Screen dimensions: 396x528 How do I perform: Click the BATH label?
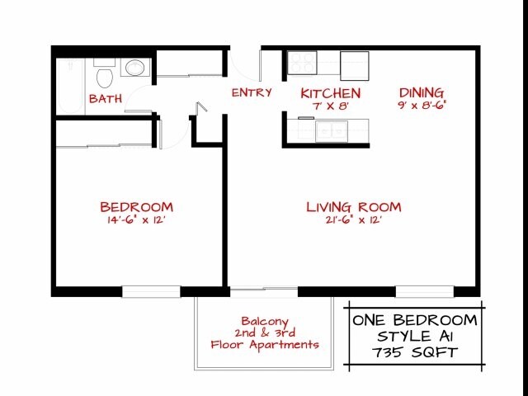coord(106,98)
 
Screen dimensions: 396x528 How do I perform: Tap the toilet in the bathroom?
coord(104,77)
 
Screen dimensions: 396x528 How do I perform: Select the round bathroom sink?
coord(133,67)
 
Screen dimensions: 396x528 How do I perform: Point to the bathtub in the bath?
coord(69,83)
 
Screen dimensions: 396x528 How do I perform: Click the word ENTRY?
coord(251,92)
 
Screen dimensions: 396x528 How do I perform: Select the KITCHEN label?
coord(330,93)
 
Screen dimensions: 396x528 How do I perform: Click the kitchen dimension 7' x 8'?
coord(330,106)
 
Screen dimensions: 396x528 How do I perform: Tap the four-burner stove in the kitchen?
coord(302,63)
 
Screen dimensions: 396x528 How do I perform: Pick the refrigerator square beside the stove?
coord(354,64)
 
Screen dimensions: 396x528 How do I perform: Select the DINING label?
coord(422,92)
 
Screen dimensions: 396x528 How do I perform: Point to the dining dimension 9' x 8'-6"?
coord(422,106)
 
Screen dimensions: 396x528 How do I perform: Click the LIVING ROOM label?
coord(353,206)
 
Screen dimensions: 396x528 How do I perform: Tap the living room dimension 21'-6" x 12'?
coord(353,219)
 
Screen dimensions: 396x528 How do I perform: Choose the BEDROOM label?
coord(136,206)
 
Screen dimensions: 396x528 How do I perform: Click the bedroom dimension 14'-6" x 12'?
coord(136,219)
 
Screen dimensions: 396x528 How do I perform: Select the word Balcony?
coord(264,321)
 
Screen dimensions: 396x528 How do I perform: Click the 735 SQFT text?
coord(415,352)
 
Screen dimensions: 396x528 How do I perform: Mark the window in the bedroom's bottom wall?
coord(151,290)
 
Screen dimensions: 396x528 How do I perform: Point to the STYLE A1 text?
coord(415,336)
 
